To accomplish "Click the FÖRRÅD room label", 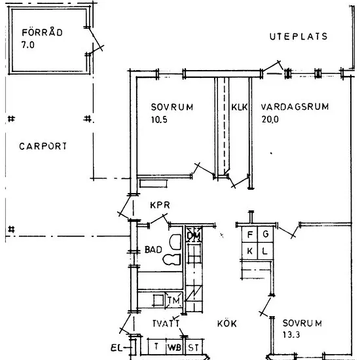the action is (42, 31).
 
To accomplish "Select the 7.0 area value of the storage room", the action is (28, 45).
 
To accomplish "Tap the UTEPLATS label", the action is (298, 37).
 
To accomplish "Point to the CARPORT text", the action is (43, 146).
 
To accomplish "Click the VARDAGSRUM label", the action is (295, 107).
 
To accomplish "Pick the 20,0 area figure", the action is (270, 119).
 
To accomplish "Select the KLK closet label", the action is (239, 107).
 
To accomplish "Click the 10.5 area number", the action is (159, 120).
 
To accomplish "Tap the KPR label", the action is (160, 205).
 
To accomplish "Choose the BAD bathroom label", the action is (153, 249).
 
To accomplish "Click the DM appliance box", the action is (194, 234).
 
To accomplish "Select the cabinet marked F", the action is (250, 234).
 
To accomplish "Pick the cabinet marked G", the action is (266, 234).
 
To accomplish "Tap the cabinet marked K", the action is (250, 251).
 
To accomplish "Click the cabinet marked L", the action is (266, 251).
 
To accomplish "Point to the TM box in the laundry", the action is (174, 300).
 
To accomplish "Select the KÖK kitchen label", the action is (227, 323).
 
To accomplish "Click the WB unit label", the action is (175, 348).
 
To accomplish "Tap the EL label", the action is (117, 348).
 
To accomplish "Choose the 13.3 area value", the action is (291, 335).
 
